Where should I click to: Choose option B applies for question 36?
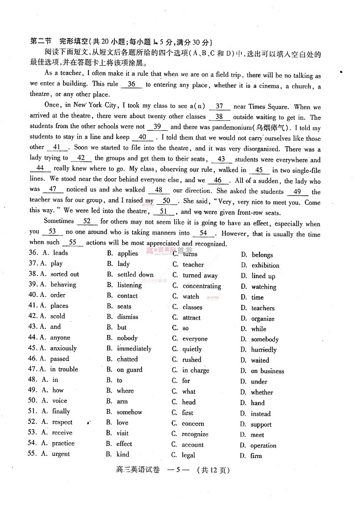tap(128, 254)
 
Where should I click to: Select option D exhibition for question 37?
tap(265, 265)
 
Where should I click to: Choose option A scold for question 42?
tap(57, 317)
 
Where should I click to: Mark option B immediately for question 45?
tap(134, 349)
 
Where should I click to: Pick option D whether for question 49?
tap(262, 392)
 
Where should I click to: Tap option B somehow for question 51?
tap(129, 412)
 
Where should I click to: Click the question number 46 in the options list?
tap(32, 359)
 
